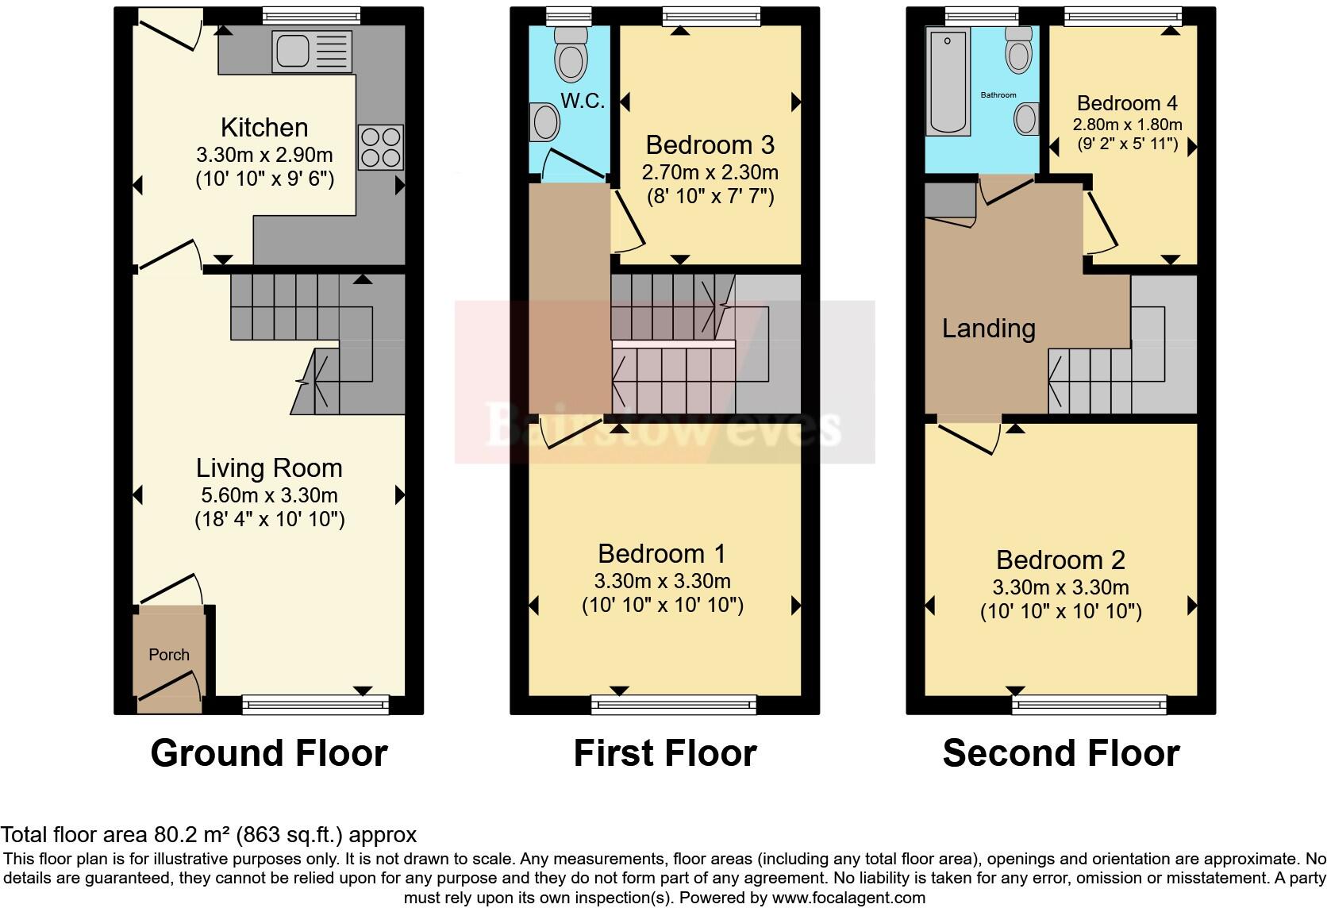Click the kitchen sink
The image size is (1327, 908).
[311, 51]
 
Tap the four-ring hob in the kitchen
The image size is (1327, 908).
[381, 148]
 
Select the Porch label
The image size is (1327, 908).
[169, 655]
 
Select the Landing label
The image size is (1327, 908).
[988, 328]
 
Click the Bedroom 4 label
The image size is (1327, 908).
[1126, 103]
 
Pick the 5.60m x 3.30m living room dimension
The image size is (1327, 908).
[269, 495]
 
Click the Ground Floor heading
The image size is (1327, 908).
[269, 752]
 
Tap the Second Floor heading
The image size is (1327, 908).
[1060, 752]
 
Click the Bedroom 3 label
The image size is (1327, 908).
[710, 144]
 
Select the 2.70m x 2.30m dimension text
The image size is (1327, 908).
[710, 171]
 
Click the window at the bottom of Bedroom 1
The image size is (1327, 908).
[674, 703]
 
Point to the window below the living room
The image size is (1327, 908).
[316, 703]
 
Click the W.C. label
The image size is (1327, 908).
[583, 101]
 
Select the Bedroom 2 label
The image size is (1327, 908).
[1060, 560]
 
